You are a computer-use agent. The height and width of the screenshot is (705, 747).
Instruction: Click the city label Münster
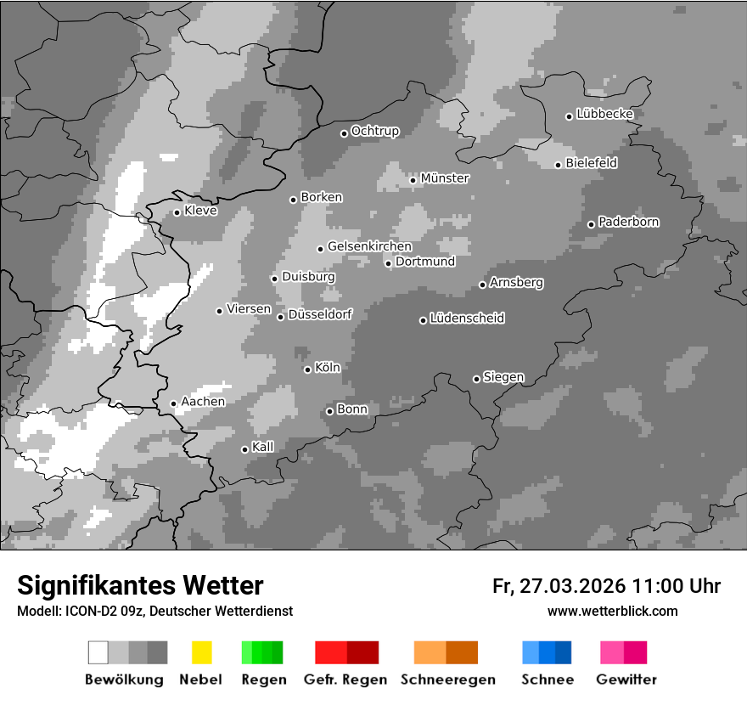click(445, 178)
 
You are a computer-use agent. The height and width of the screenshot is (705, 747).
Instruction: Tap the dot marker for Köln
click(307, 369)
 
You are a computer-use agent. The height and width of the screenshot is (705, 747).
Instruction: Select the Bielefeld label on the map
click(592, 163)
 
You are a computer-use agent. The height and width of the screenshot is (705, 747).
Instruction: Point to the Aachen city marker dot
click(173, 403)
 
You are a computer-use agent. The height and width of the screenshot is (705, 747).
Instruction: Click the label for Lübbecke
click(604, 114)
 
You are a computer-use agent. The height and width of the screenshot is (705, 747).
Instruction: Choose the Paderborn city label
click(628, 223)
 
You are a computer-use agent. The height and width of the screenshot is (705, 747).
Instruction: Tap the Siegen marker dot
click(476, 379)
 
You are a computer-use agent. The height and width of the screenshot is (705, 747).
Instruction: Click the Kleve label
click(200, 211)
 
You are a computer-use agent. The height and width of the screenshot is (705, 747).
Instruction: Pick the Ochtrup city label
click(374, 132)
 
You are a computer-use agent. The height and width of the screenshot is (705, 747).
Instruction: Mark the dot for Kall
click(244, 449)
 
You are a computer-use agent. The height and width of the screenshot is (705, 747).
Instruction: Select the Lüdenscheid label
click(467, 319)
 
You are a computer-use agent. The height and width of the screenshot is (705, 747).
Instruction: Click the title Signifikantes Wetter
click(140, 585)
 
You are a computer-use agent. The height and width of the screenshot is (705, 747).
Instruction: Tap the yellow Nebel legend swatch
click(201, 652)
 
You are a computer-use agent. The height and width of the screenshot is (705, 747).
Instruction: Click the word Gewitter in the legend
click(626, 680)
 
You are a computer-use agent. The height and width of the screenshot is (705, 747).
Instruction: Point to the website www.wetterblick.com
click(612, 611)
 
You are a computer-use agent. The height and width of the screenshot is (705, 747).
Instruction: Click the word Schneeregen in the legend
click(448, 680)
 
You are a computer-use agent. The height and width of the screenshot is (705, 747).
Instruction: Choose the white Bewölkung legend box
click(98, 652)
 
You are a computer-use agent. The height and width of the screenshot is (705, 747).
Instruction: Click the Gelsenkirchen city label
click(369, 247)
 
